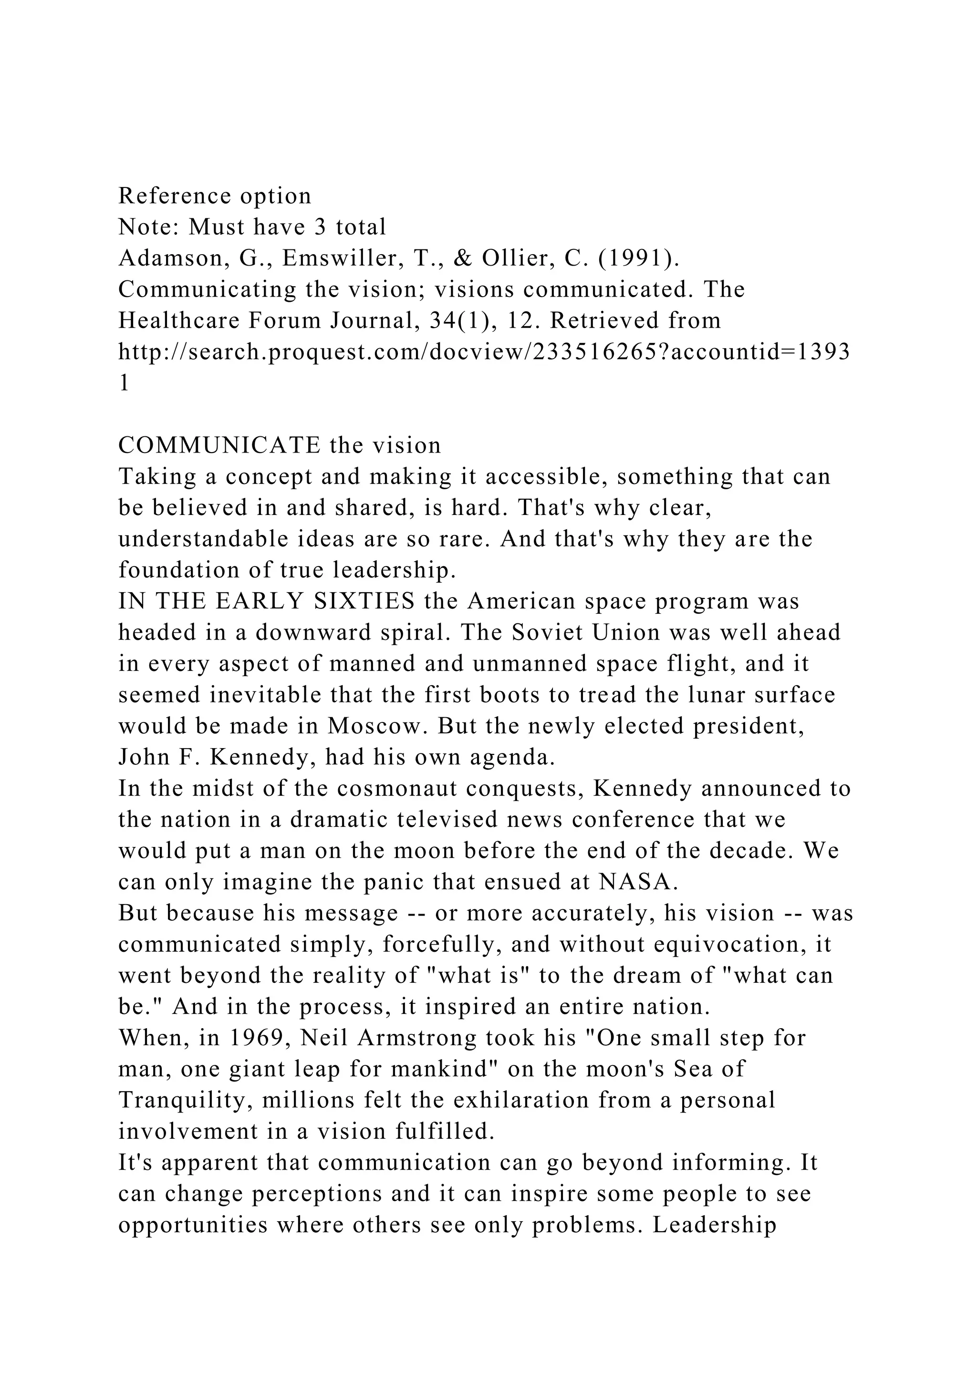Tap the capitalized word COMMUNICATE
click(x=219, y=445)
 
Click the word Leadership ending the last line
click(x=714, y=1225)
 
